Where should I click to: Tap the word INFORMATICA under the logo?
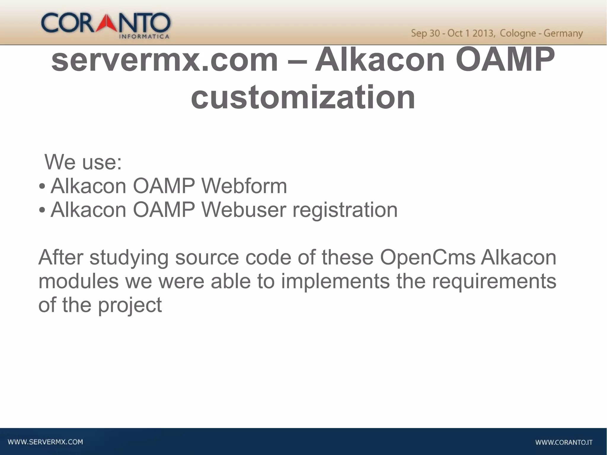point(144,37)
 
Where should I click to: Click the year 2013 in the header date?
point(483,33)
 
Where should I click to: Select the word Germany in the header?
point(563,33)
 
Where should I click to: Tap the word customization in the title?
point(303,97)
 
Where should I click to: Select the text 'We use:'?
point(83,162)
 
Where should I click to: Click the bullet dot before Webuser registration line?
point(42,210)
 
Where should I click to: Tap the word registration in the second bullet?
point(345,210)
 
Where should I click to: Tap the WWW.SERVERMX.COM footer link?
point(45,442)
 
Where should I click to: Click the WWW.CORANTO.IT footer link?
point(563,443)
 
